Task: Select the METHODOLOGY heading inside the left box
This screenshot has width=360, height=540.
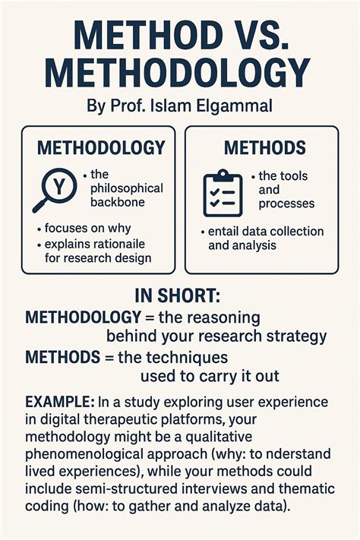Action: pos(101,147)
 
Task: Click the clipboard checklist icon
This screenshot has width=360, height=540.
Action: pos(223,192)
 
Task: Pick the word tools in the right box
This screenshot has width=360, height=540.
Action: pos(294,176)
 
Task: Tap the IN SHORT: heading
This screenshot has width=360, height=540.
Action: pos(178,295)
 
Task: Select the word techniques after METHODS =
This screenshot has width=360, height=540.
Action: pos(195,357)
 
